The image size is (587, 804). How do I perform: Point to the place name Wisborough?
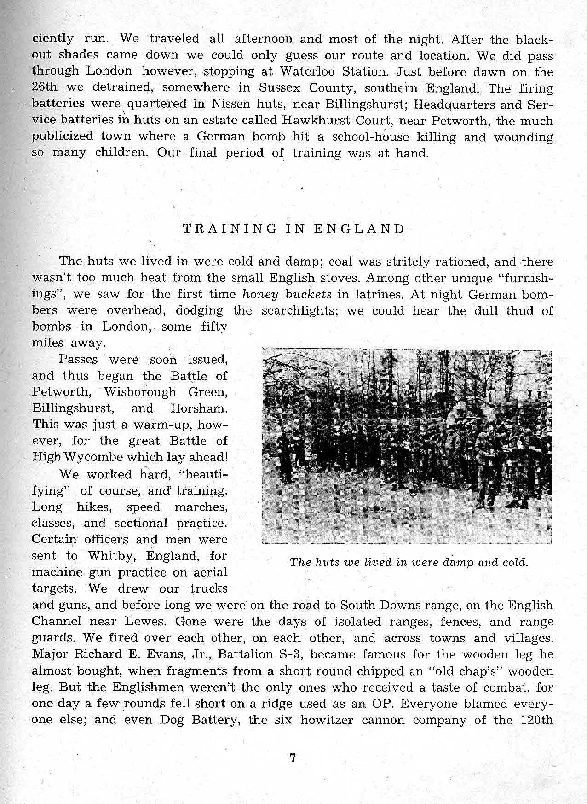point(140,392)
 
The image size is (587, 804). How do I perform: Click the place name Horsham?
point(199,408)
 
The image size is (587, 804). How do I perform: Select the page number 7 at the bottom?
point(293,757)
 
